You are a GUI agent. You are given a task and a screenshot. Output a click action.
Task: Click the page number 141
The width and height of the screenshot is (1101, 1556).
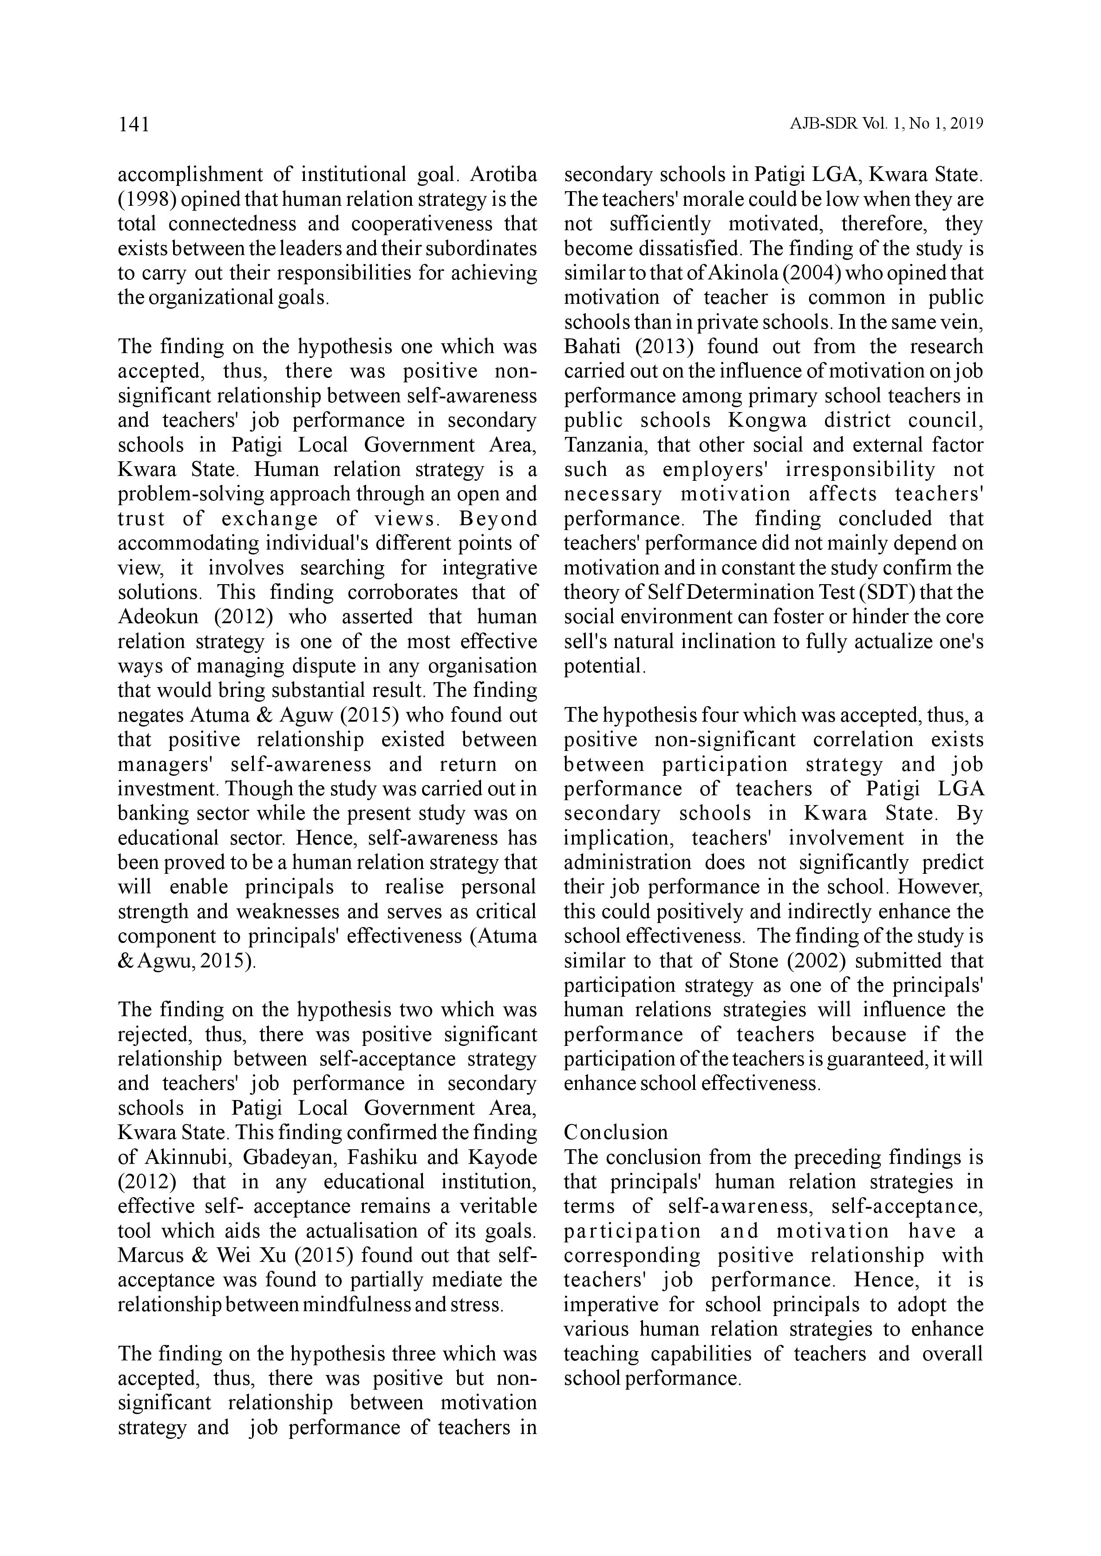tap(134, 125)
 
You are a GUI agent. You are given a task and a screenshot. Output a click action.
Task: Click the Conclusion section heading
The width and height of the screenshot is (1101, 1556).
tap(616, 1132)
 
